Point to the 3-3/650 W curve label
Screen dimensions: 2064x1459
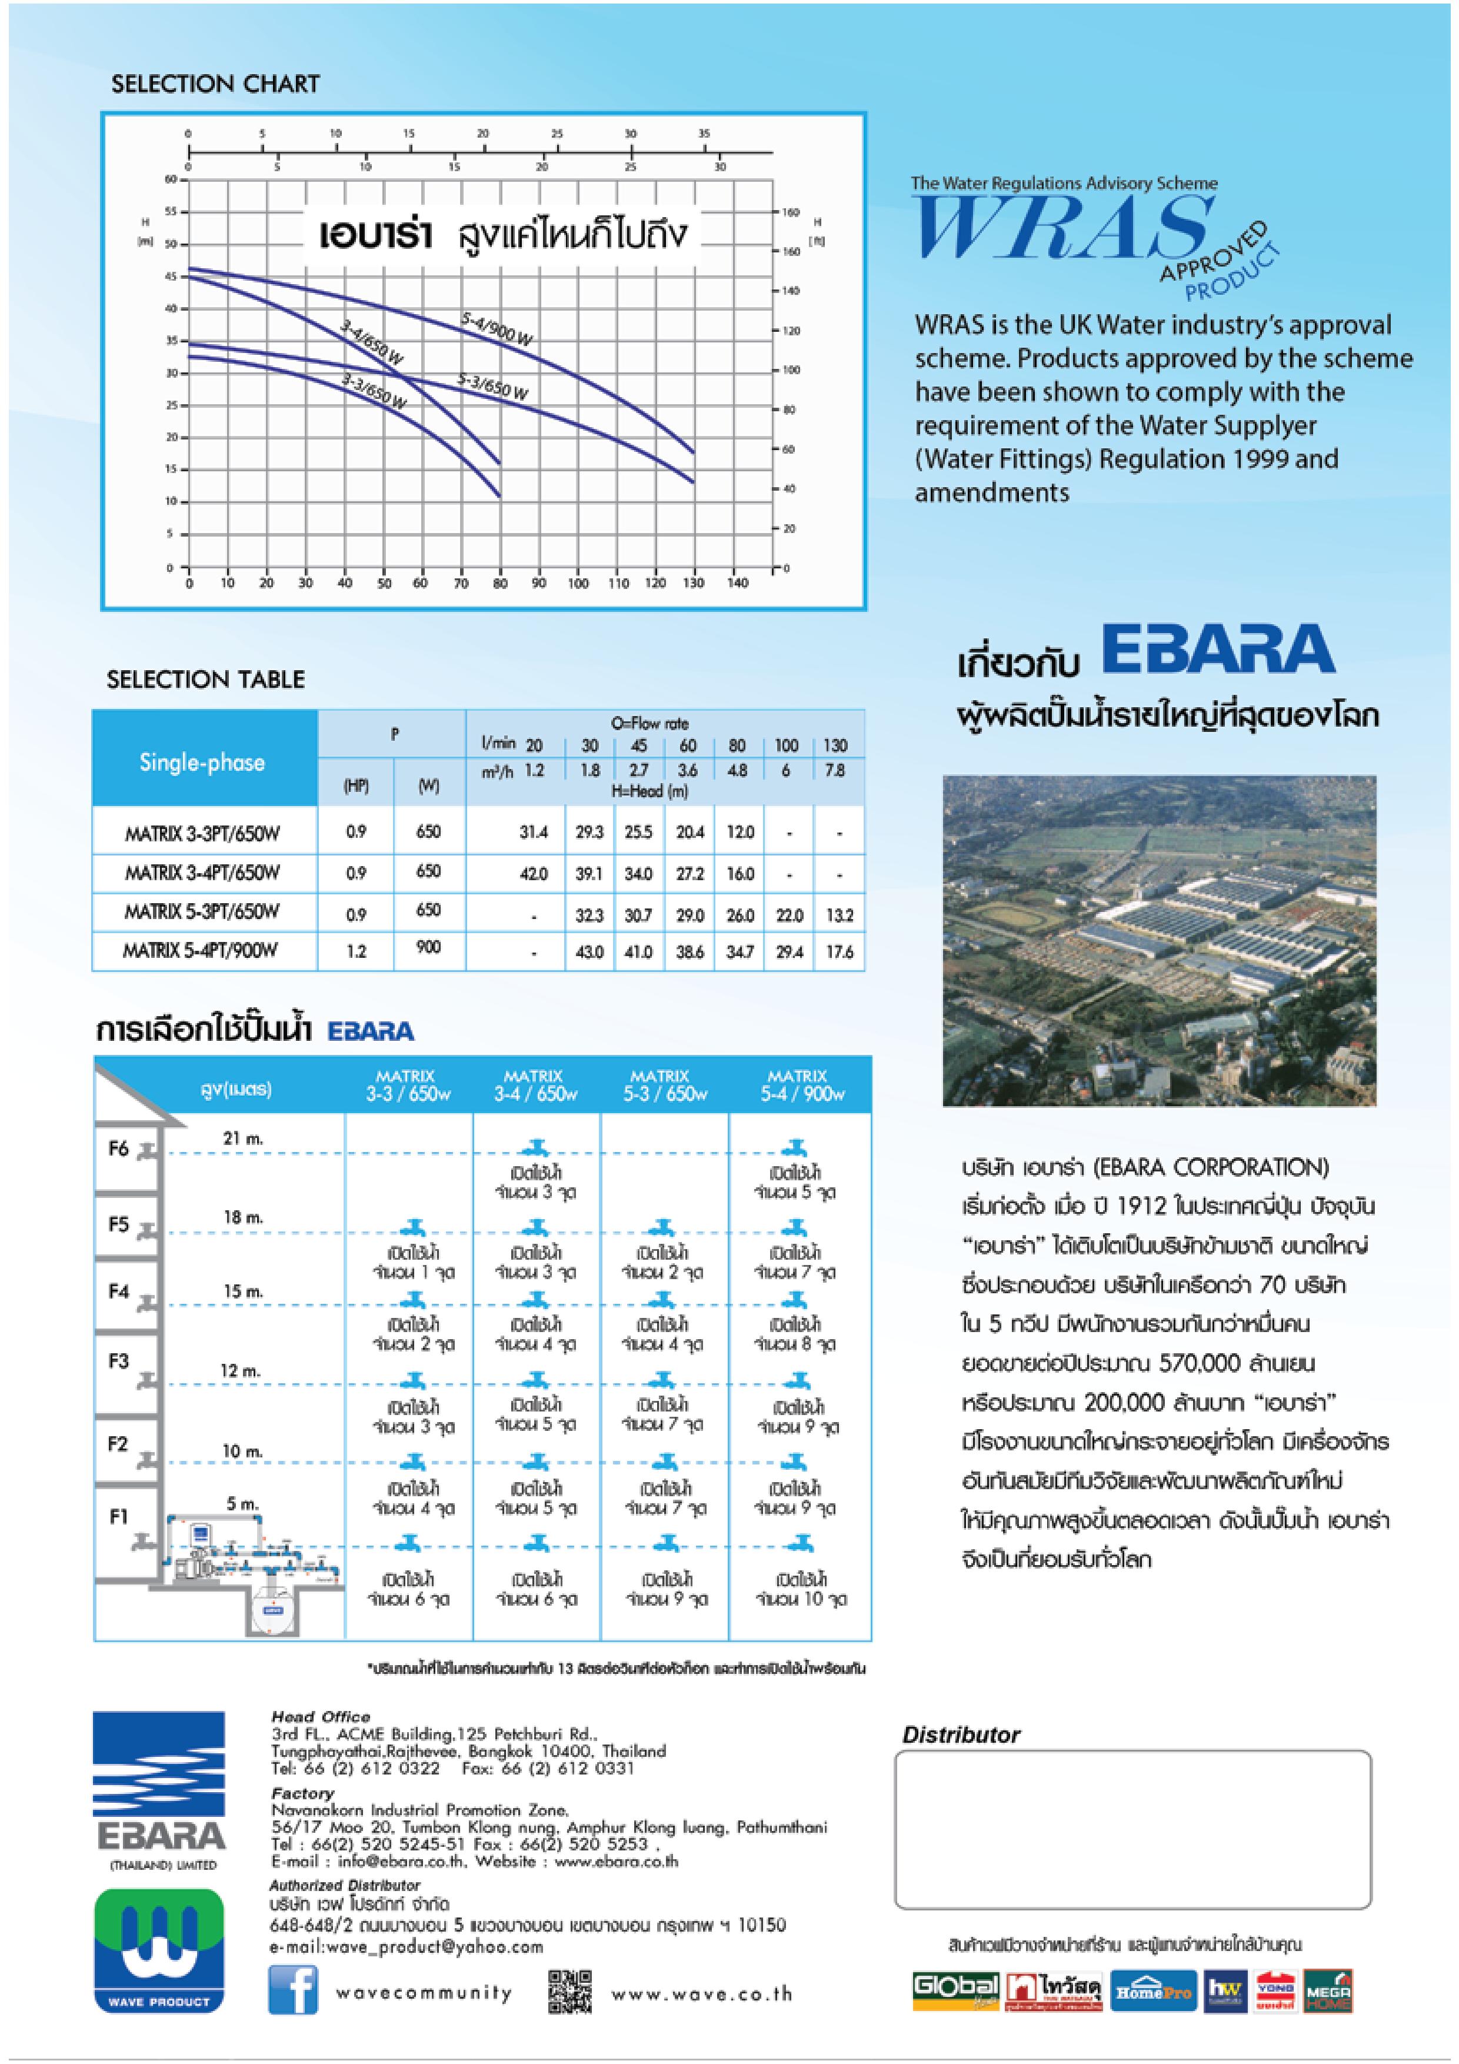374,392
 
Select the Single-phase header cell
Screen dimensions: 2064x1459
202,763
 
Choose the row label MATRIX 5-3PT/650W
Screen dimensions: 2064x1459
202,911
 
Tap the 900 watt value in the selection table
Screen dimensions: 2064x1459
429,947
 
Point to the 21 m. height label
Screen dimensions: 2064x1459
243,1138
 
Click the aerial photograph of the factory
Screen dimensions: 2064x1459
1159,940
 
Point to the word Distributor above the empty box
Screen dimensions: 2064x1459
960,1735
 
